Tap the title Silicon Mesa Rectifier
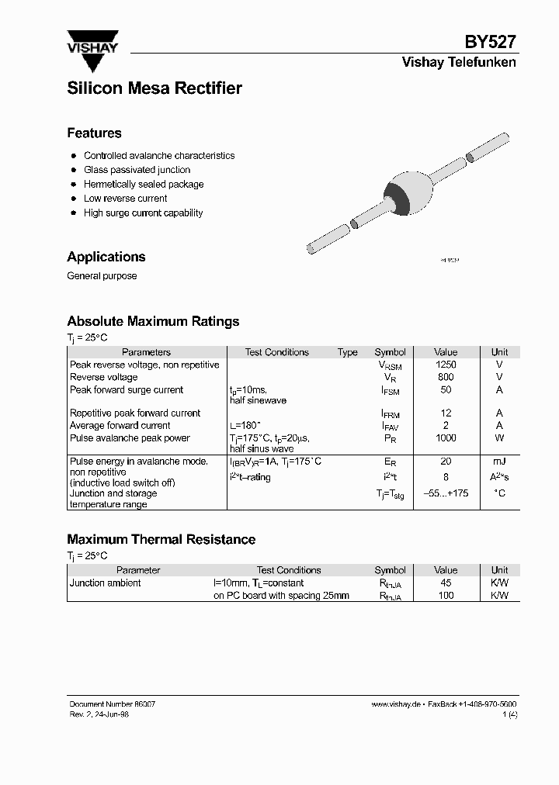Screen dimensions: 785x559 click(x=155, y=88)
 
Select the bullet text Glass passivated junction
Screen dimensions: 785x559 click(x=137, y=170)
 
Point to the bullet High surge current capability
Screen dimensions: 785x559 click(x=143, y=213)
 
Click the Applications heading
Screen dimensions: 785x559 click(x=106, y=257)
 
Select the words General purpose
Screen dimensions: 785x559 click(x=102, y=276)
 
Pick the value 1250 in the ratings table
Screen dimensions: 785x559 click(x=446, y=365)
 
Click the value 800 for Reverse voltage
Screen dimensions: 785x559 click(x=446, y=377)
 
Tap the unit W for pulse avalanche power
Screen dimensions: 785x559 click(x=499, y=438)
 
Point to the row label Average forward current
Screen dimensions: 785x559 click(x=120, y=426)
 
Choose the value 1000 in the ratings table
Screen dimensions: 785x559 click(x=446, y=438)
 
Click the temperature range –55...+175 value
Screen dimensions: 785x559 click(x=446, y=493)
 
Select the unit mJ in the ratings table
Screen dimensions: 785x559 click(x=499, y=462)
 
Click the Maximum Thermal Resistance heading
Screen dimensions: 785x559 click(x=161, y=539)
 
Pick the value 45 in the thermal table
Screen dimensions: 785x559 click(x=446, y=583)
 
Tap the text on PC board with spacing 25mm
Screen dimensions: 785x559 click(x=281, y=596)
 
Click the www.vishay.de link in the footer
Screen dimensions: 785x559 click(x=396, y=704)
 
